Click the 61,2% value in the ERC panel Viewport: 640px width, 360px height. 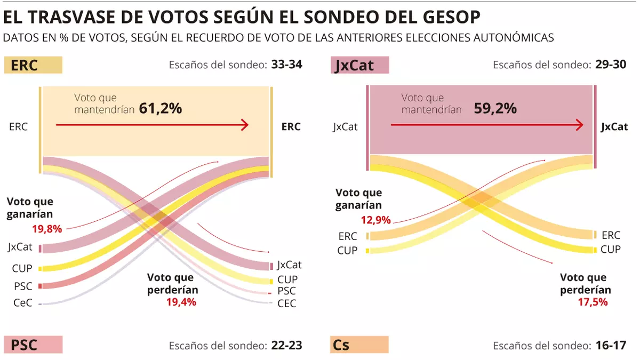coord(161,108)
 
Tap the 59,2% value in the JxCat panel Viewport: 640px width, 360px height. coord(495,108)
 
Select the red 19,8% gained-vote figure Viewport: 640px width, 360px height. coord(46,229)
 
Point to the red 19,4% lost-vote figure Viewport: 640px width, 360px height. coord(181,302)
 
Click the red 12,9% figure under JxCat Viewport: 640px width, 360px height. coord(375,220)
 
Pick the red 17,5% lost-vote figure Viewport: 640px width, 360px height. coord(593,302)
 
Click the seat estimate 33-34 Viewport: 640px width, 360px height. coord(287,65)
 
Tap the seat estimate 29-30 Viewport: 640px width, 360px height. coord(611,65)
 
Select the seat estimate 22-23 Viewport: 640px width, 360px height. coord(287,345)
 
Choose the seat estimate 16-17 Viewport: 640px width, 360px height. coord(611,345)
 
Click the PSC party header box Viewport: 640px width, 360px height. coord(33,345)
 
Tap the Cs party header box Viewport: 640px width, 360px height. coord(359,345)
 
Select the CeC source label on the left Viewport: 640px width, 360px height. coord(23,303)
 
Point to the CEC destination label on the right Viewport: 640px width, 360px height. coord(287,303)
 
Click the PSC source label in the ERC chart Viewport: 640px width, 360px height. coord(23,286)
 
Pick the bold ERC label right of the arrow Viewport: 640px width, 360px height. coord(291,126)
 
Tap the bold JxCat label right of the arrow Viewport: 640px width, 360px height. coord(614,126)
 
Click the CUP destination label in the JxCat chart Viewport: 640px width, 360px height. coord(611,249)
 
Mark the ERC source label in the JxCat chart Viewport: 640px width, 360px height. coord(348,236)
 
